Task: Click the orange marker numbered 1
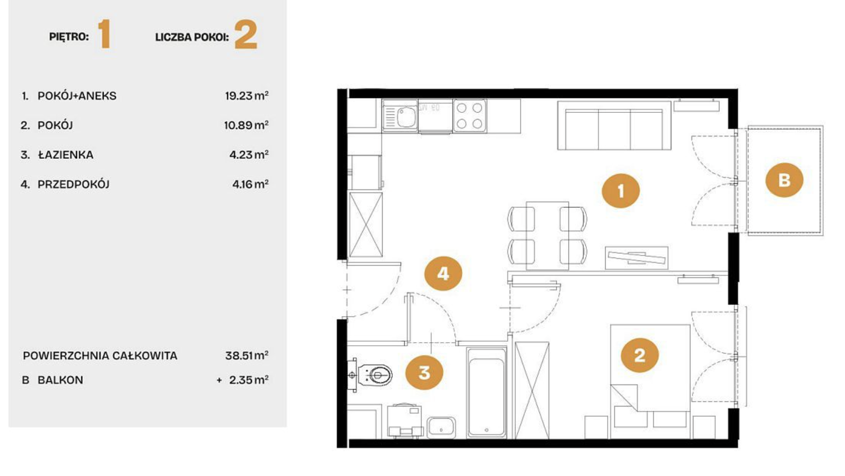click(620, 191)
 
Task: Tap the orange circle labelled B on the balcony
click(784, 180)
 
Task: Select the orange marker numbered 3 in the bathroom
click(425, 372)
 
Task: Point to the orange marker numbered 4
click(443, 273)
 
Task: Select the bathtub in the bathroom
click(487, 393)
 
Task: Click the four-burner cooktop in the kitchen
click(469, 115)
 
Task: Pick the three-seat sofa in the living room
click(614, 126)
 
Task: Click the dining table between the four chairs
click(548, 236)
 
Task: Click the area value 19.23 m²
click(246, 96)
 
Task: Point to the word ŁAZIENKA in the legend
click(66, 155)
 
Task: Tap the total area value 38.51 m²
click(246, 355)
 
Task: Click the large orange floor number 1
click(104, 35)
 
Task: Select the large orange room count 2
click(246, 35)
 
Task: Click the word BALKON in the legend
click(60, 380)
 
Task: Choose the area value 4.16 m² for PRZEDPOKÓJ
click(250, 184)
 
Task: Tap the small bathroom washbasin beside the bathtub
click(441, 427)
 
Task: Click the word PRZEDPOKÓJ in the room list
click(73, 184)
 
